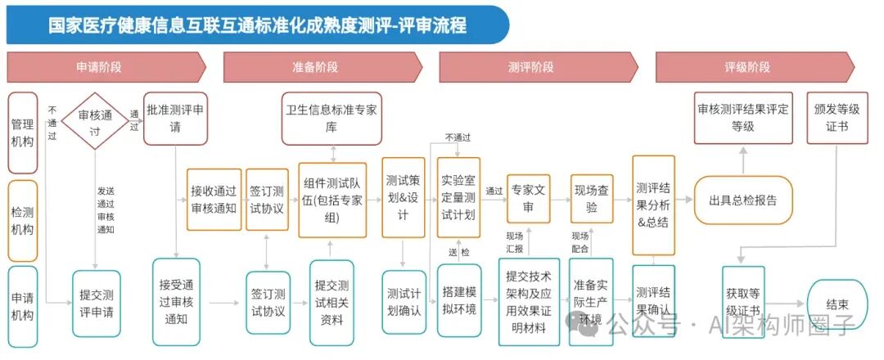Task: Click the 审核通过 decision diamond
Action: pos(95,121)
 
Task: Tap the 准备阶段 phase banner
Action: pos(322,68)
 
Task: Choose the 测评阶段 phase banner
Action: pos(539,68)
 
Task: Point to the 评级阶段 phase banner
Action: pos(755,68)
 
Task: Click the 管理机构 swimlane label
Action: pos(23,133)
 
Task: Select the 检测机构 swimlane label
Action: pos(23,221)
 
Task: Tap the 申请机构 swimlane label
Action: pos(23,307)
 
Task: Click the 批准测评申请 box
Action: pos(175,119)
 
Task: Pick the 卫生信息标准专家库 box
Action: pos(331,119)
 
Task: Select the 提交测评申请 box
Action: pos(97,304)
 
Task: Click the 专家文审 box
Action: pos(528,199)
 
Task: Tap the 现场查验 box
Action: pos(592,199)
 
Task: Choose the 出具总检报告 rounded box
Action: pos(743,200)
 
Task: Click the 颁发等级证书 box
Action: pos(837,118)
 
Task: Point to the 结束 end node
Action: pos(837,305)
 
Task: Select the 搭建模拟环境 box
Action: pos(459,301)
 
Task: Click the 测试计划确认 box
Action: pos(404,302)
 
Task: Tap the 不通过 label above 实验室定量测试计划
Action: pos(458,137)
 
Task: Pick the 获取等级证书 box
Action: pos(743,302)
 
